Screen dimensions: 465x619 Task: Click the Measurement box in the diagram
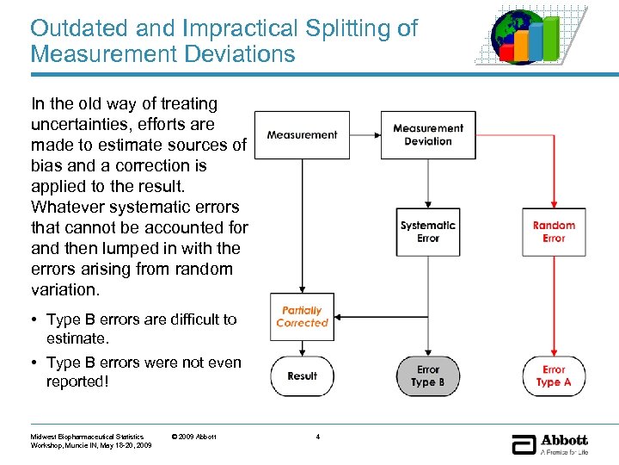302,135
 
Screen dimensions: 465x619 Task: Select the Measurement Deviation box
428,135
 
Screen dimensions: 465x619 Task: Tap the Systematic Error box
428,232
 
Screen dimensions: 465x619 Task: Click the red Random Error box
554,232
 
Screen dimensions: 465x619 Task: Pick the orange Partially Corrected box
302,317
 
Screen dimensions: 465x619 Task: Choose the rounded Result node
302,375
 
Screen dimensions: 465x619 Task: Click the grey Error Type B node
428,375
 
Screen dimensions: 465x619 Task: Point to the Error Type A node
554,375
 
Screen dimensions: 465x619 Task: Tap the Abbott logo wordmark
564,440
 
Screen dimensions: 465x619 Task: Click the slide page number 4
318,437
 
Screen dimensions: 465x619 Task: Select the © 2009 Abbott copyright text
195,437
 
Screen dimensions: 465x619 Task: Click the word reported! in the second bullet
78,381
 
